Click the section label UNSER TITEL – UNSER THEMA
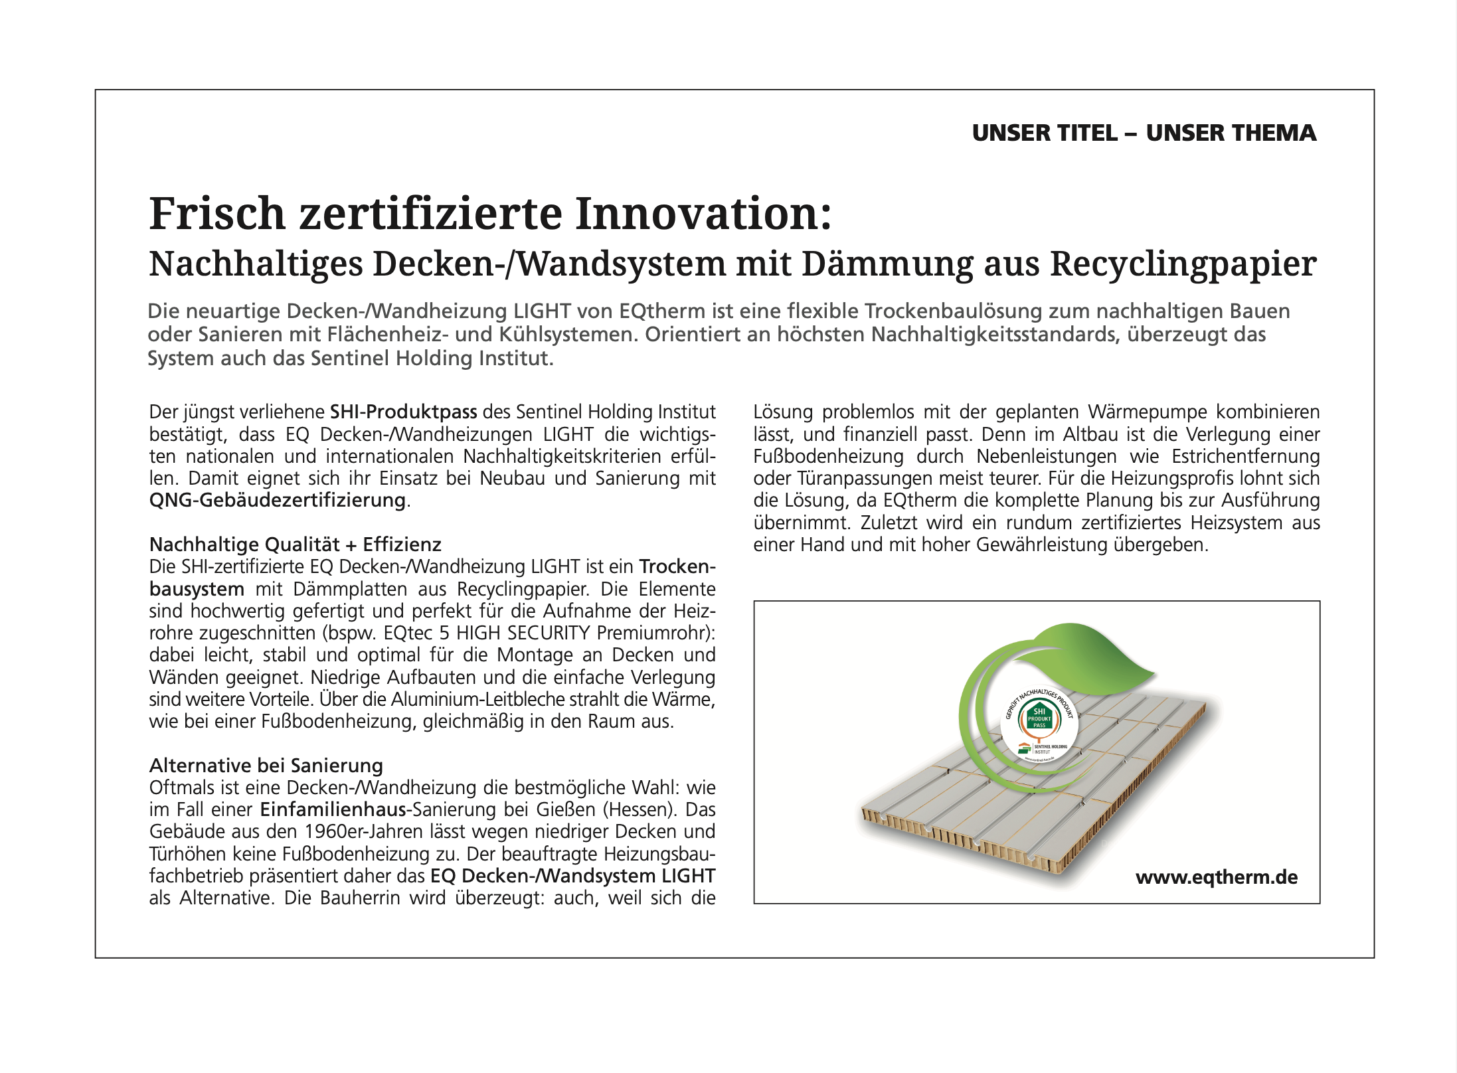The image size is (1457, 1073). [x=1144, y=133]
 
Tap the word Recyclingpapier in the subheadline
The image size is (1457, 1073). [x=1183, y=264]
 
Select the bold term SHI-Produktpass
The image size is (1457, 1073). [x=404, y=412]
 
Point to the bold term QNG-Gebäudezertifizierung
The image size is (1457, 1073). [x=277, y=501]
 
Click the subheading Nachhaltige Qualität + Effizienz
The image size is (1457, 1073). [x=295, y=544]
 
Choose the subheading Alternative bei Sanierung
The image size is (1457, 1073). [x=266, y=766]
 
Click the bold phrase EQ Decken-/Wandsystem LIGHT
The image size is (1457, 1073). [x=572, y=876]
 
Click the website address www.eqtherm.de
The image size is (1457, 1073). [x=1216, y=878]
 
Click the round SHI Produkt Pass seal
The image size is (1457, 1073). [x=1039, y=724]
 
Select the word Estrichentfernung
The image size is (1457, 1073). [x=1245, y=457]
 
